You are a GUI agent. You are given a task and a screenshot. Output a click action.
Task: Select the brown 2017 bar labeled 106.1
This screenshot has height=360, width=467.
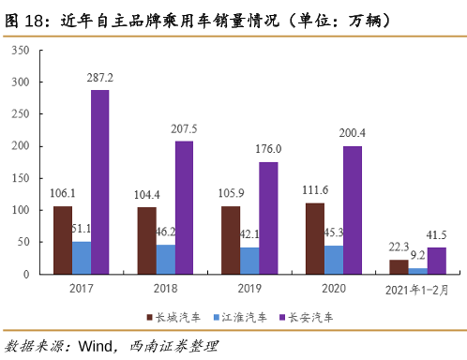point(63,240)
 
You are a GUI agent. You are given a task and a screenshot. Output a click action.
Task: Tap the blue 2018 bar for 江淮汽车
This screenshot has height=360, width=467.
point(165,259)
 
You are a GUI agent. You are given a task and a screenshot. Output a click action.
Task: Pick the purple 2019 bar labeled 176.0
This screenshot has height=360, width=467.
point(267,217)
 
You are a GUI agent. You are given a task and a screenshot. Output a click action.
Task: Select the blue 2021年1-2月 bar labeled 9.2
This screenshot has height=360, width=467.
point(417,271)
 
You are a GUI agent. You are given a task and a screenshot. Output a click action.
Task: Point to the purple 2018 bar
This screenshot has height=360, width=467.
point(184,207)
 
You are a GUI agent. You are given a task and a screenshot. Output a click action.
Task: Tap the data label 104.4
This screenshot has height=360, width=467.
point(147,194)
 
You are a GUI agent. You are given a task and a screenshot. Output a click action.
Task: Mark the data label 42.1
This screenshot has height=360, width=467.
point(249,235)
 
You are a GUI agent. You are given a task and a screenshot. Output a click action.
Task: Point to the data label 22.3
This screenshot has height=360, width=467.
point(399,246)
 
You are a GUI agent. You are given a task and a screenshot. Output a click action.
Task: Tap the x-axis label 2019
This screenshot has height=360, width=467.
point(249,290)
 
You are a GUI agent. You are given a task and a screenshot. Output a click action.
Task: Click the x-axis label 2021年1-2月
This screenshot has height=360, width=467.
point(417,290)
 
